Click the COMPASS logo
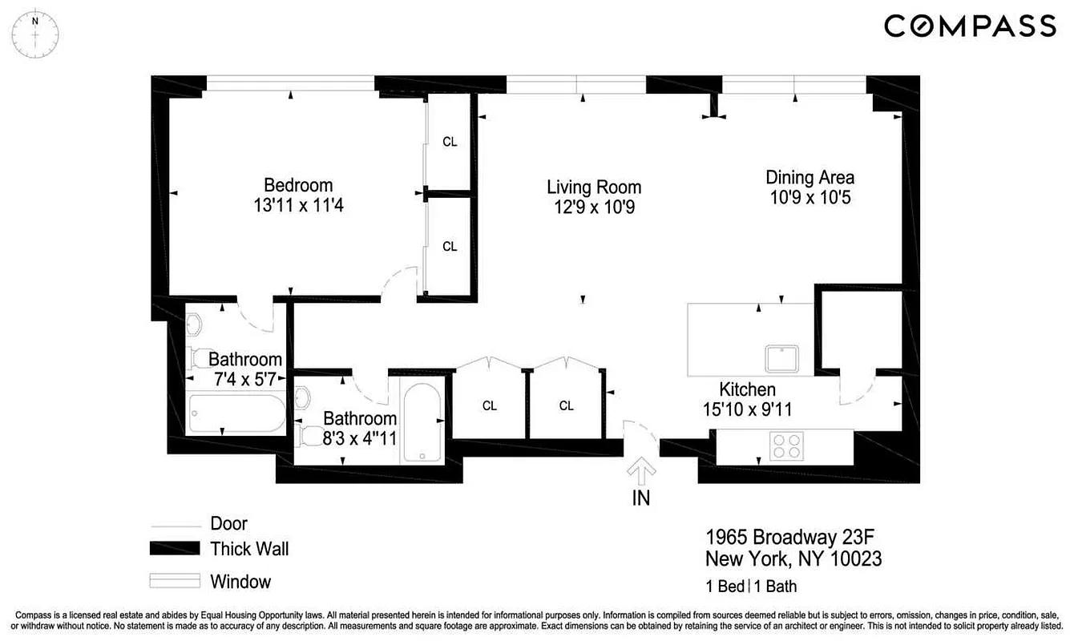point(970,26)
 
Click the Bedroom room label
point(298,185)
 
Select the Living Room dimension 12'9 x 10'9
point(594,207)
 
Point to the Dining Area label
point(810,177)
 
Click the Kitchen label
point(747,390)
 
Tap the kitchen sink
point(782,358)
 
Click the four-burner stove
point(786,445)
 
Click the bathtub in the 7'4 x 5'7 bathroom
point(236,413)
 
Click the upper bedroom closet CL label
point(450,142)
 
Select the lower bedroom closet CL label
point(450,246)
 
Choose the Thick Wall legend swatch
point(175,549)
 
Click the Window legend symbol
point(175,581)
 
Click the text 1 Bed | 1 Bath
point(751,586)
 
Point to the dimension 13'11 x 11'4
point(298,206)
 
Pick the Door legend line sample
point(175,526)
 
